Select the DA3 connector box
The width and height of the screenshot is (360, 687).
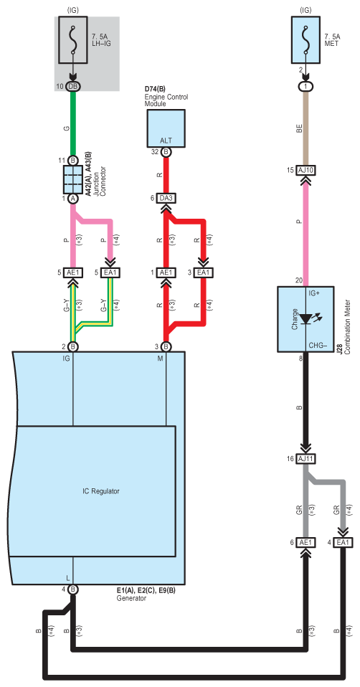click(166, 199)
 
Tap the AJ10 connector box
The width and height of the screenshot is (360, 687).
click(306, 170)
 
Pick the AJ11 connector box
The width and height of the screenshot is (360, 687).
click(306, 459)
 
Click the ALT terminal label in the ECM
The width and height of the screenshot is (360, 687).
click(166, 141)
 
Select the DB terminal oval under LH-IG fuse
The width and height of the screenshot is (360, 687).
click(72, 86)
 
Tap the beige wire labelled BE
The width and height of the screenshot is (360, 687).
click(306, 128)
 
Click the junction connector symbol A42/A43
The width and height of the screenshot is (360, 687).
click(72, 179)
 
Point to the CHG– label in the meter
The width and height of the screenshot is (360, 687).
click(318, 345)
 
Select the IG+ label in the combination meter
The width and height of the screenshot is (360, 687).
click(315, 293)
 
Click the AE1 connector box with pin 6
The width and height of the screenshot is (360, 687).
click(306, 542)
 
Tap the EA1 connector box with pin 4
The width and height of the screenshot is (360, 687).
click(343, 542)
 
